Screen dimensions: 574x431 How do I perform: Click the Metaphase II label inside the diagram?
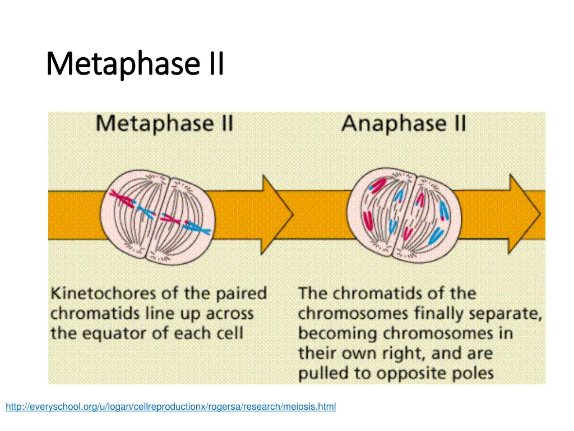coord(164,124)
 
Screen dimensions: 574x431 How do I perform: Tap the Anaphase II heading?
coord(404,124)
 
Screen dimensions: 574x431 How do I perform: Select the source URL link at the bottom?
coord(171,407)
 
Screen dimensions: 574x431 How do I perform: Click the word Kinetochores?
coord(102,294)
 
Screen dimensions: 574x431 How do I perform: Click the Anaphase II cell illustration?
coord(405,215)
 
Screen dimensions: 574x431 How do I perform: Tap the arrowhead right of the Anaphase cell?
coord(524,214)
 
